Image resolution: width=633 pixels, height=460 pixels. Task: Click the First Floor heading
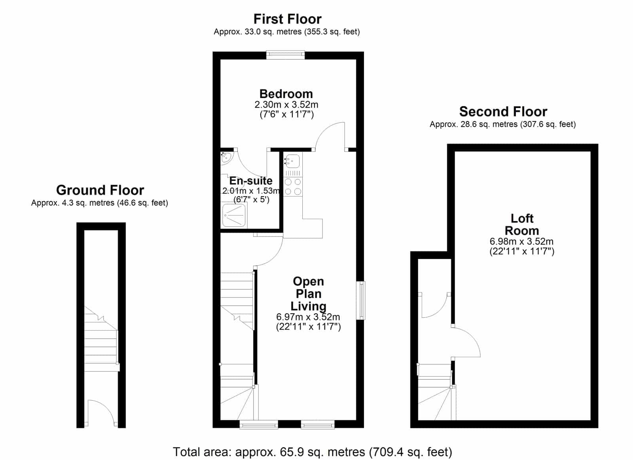coord(287,19)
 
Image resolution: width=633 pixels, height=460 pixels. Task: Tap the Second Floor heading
coord(503,112)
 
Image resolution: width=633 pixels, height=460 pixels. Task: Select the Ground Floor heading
coord(100,190)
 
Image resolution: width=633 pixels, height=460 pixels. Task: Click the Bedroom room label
coord(286,94)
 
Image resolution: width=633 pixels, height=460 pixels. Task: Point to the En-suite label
coord(251,180)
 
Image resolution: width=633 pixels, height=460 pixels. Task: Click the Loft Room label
coord(522,225)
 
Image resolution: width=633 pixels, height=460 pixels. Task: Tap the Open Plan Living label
coord(308,294)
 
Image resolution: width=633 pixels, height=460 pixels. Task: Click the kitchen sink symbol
coord(292,161)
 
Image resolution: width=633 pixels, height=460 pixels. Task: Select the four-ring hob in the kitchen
coord(293,187)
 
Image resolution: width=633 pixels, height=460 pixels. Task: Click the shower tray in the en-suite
coord(234,216)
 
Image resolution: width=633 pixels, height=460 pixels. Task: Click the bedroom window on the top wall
coord(285,55)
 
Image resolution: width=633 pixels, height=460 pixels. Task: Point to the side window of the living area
coord(360,300)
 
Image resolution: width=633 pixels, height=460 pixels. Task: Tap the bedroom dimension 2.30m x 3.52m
coord(286,104)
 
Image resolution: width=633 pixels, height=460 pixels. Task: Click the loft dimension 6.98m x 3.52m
coord(521,241)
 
